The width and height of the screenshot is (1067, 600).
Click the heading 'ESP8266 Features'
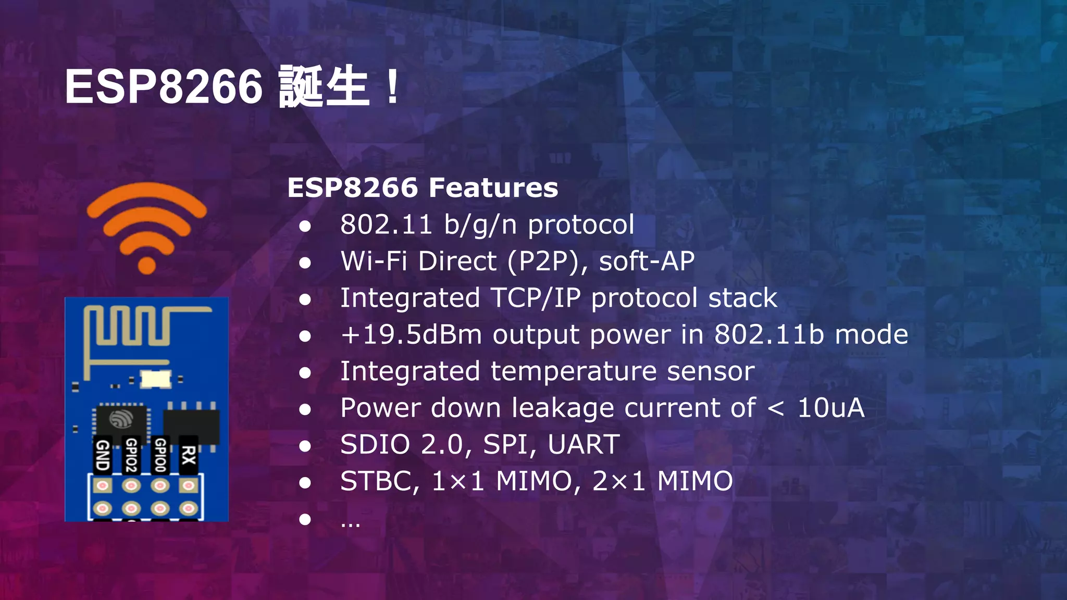[x=423, y=187]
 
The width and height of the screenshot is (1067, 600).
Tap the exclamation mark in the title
[x=393, y=86]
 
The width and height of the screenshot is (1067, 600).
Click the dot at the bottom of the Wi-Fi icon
[x=147, y=265]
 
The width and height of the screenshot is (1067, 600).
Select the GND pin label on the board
[x=103, y=455]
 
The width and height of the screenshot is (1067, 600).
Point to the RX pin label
[x=188, y=455]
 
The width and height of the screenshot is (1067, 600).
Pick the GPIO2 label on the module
[x=131, y=455]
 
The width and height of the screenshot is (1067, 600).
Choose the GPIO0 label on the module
[x=160, y=455]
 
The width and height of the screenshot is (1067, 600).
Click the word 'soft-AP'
[x=647, y=261]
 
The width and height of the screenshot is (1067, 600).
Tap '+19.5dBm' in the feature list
[x=411, y=334]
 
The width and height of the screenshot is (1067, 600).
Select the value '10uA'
[x=830, y=408]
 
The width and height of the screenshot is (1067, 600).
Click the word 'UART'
[x=584, y=445]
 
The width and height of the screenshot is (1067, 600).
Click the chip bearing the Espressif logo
[x=121, y=419]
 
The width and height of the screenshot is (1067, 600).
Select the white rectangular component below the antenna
[x=156, y=379]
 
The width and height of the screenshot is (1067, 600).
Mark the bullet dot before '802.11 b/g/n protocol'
[x=305, y=226]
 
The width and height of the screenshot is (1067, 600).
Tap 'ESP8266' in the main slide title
[x=164, y=86]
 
